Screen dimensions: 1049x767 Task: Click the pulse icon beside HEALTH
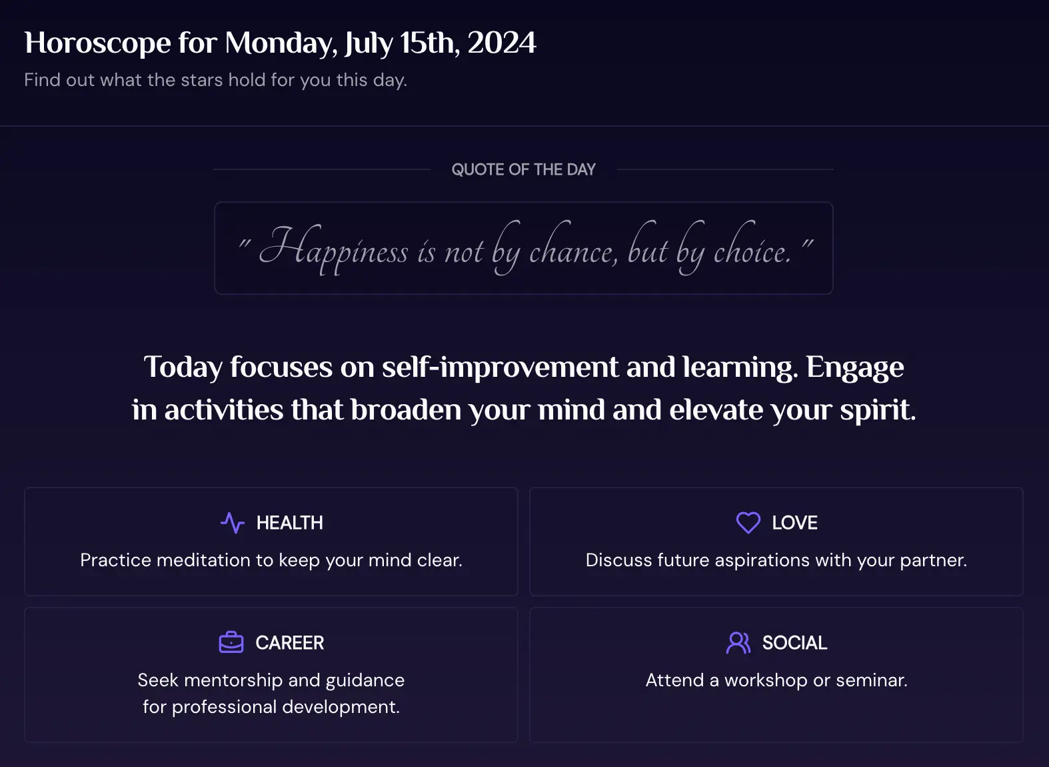[233, 522]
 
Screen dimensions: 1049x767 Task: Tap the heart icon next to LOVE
[748, 522]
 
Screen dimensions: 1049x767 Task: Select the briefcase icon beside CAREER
[231, 642]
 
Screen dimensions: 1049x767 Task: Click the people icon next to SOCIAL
[738, 642]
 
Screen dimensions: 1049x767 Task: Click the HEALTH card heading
[289, 523]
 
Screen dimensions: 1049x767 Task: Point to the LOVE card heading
[794, 523]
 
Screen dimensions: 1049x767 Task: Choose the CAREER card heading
[289, 643]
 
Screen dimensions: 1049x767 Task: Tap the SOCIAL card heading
[794, 643]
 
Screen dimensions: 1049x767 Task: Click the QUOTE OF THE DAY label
[524, 169]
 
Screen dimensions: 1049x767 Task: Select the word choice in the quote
[752, 247]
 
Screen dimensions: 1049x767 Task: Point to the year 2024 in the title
[502, 43]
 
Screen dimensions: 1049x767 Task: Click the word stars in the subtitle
[202, 80]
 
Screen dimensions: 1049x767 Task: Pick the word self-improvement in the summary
[500, 367]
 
